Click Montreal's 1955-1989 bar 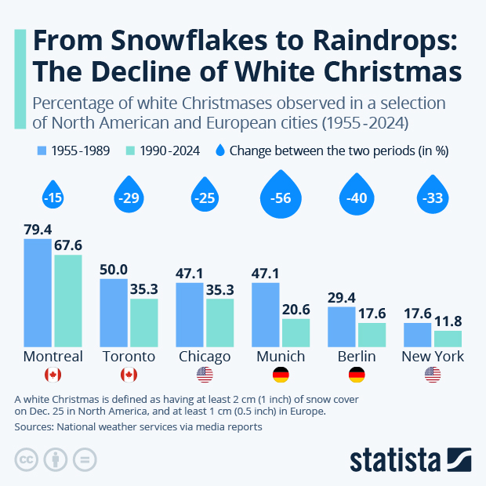click(x=38, y=292)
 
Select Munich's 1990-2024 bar click(x=296, y=332)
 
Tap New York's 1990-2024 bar click(x=448, y=338)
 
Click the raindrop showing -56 click(x=281, y=197)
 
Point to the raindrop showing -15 click(x=53, y=197)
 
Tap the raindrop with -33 click(x=433, y=198)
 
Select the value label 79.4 click(x=38, y=230)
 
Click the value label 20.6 click(x=296, y=309)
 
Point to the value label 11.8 click(x=448, y=321)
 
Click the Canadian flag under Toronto click(x=129, y=375)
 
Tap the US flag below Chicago click(x=205, y=375)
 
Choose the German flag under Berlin click(x=357, y=375)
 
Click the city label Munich click(x=281, y=357)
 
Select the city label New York click(x=433, y=357)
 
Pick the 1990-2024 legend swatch click(x=132, y=151)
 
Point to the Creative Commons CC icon click(x=27, y=459)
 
